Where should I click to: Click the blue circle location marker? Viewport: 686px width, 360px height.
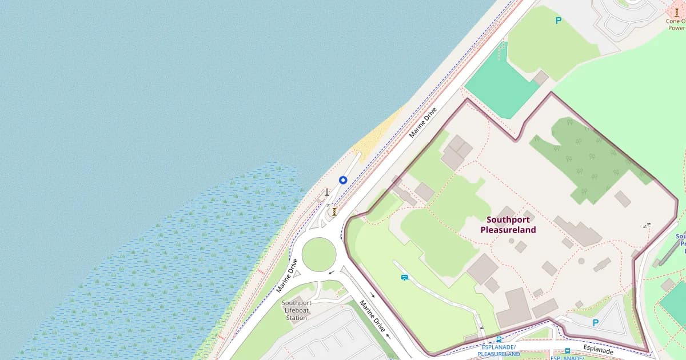coord(343,180)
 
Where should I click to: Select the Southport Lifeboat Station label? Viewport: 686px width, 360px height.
coord(297,310)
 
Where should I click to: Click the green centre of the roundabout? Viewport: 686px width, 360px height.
coord(318,255)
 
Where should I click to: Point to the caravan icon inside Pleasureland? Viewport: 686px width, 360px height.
coord(405,278)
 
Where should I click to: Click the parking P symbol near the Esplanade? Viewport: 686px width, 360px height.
coord(596,323)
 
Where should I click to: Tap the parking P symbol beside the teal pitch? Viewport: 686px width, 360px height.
coord(559,21)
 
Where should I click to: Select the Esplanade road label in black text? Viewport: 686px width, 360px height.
coord(598,349)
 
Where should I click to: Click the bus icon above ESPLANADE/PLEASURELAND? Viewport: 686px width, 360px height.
coord(499,339)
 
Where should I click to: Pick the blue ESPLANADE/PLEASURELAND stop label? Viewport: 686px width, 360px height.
coord(499,350)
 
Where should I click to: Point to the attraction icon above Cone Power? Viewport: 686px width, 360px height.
coord(677,11)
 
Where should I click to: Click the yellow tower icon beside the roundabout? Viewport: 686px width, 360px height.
coord(334,211)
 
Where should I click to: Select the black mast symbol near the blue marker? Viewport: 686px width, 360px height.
coord(326,193)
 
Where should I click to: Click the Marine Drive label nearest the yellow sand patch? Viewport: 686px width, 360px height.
coord(423,122)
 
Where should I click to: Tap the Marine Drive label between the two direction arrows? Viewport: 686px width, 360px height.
coord(372,316)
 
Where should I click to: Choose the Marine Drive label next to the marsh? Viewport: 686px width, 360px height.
coord(288,275)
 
